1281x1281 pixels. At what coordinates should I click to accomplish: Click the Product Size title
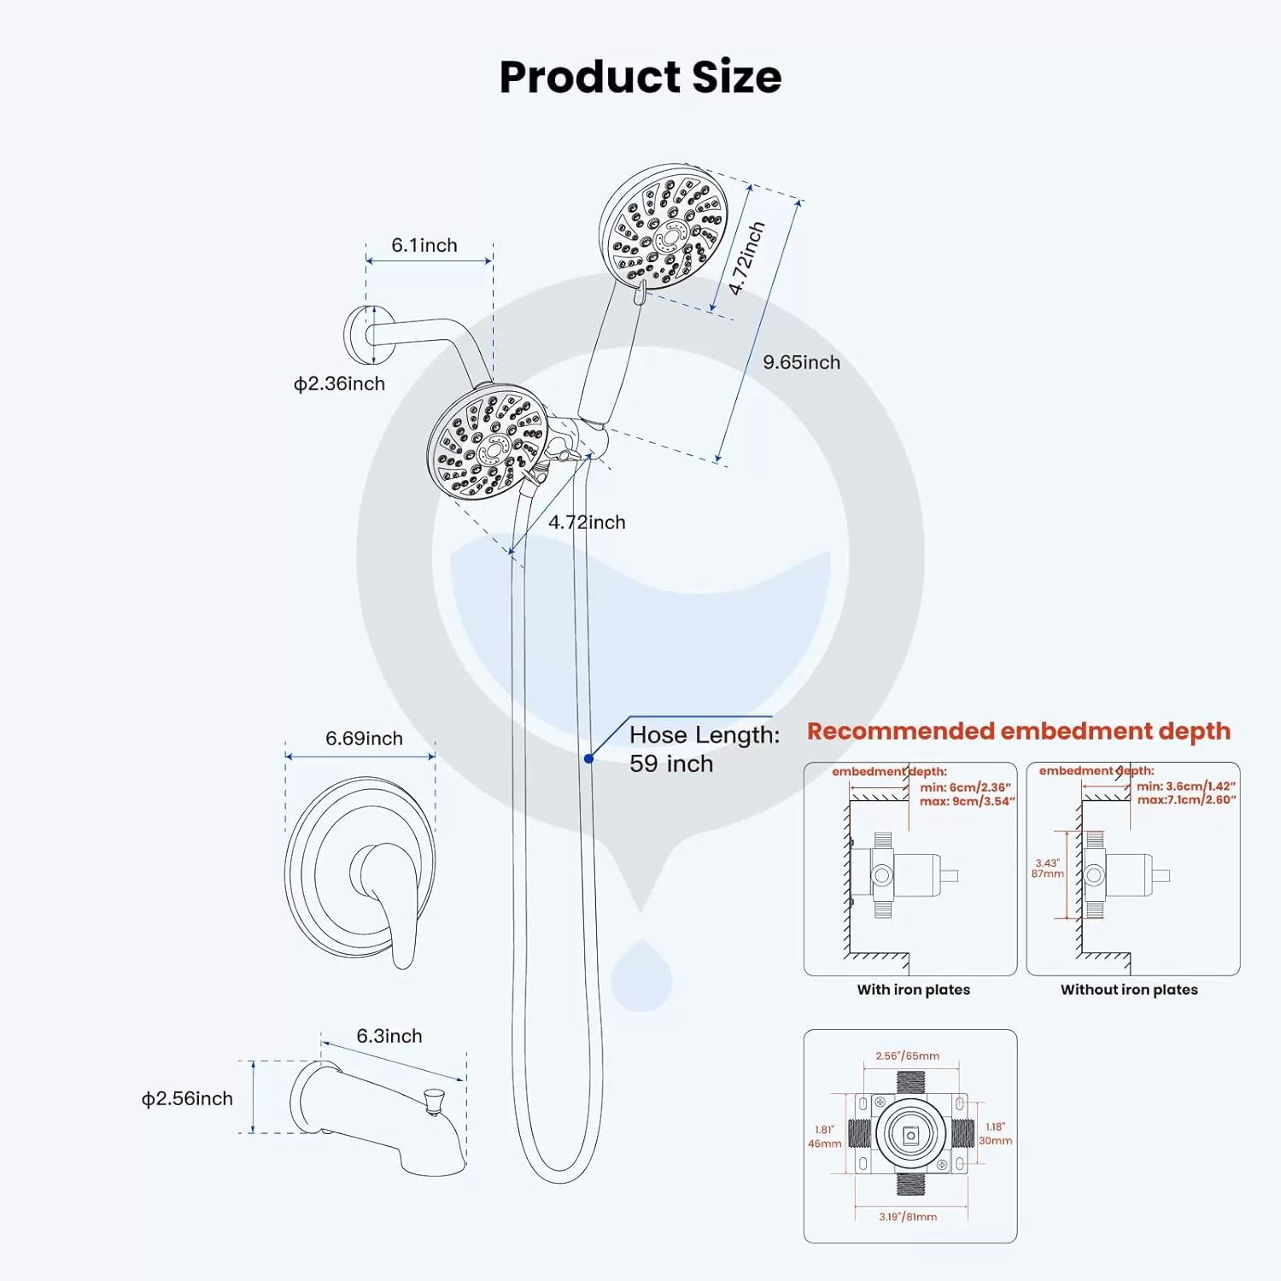click(640, 77)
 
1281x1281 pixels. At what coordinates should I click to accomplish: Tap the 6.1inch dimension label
click(424, 245)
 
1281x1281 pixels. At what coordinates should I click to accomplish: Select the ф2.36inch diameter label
click(339, 383)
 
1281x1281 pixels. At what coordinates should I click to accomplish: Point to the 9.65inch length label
click(801, 362)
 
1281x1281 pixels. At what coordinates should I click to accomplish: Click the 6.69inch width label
click(364, 738)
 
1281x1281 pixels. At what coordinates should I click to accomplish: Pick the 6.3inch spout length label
click(389, 1036)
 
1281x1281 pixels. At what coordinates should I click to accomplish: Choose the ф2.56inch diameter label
click(187, 1098)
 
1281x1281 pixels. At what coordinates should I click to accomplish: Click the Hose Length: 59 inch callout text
click(705, 749)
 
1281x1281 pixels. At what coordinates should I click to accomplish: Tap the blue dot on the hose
click(588, 758)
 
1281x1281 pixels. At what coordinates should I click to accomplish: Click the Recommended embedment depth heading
click(1019, 731)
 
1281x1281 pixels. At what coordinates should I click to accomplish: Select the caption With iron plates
click(914, 990)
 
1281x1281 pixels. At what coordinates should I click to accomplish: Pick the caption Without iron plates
click(1129, 990)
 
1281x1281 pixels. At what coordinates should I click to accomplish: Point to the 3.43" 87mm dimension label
click(1048, 869)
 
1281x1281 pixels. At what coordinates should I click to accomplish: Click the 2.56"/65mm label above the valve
click(907, 1056)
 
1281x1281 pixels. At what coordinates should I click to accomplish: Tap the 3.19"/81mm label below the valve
click(908, 1217)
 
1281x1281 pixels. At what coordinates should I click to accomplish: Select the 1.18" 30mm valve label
click(995, 1134)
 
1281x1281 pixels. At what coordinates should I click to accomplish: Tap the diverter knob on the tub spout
click(434, 1101)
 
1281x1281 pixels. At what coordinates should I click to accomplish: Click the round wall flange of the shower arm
click(359, 334)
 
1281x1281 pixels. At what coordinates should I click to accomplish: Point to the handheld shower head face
click(664, 227)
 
